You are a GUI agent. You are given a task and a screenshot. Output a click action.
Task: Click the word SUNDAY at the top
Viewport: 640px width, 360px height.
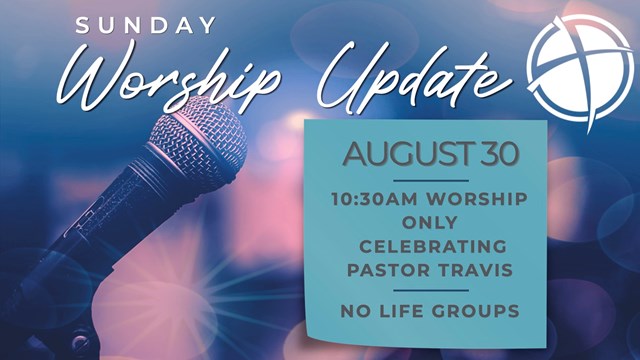pyautogui.click(x=146, y=25)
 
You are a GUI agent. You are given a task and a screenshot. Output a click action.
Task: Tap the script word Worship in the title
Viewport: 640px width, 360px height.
pyautogui.click(x=167, y=78)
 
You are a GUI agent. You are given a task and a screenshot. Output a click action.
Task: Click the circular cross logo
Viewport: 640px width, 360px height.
pyautogui.click(x=580, y=70)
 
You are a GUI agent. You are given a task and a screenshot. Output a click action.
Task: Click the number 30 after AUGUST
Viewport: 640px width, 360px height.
pyautogui.click(x=500, y=154)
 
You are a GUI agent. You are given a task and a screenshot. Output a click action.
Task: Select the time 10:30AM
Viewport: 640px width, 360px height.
pyautogui.click(x=374, y=199)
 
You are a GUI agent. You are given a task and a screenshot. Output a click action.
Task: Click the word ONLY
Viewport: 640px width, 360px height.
pyautogui.click(x=430, y=223)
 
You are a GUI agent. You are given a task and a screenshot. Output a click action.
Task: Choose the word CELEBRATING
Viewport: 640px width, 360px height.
pyautogui.click(x=433, y=247)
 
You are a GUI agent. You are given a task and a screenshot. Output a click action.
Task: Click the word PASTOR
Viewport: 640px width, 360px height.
pyautogui.click(x=388, y=270)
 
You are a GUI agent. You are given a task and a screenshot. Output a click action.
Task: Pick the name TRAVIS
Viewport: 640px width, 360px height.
pyautogui.click(x=476, y=270)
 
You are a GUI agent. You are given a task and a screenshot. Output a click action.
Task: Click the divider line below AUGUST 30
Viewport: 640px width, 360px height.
pyautogui.click(x=431, y=180)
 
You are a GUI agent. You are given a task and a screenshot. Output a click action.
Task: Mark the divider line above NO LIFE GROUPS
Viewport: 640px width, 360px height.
pyautogui.click(x=431, y=291)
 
